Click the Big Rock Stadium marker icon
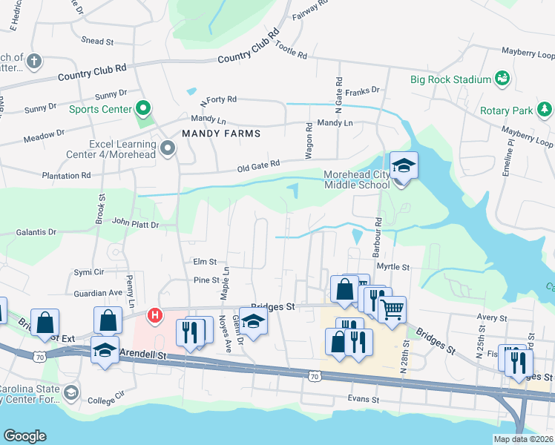tap(502, 79)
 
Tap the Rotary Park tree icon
tap(545, 110)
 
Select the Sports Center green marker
tap(143, 110)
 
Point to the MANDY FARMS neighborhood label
tap(221, 133)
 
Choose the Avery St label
tap(490, 317)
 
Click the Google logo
tap(24, 435)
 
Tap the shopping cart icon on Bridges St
tap(392, 309)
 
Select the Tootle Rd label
tap(291, 50)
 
